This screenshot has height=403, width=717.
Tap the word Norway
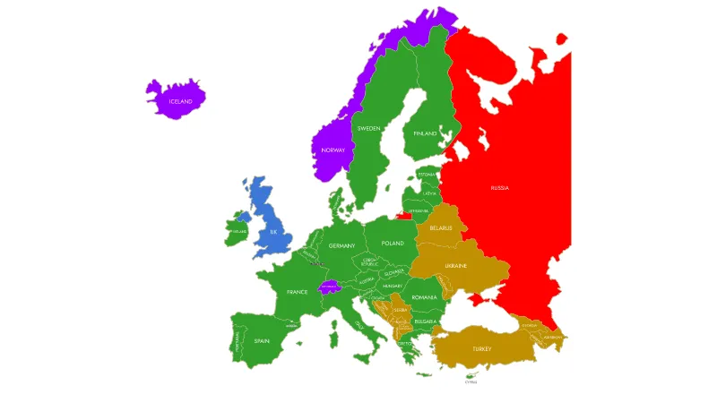click(333, 150)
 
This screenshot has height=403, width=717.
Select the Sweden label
click(368, 128)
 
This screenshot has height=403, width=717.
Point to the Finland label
click(425, 133)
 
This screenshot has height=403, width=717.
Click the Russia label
click(500, 187)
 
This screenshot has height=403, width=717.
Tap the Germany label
click(341, 245)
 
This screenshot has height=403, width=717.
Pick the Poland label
click(393, 244)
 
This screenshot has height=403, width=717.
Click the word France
click(298, 292)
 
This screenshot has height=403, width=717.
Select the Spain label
click(262, 340)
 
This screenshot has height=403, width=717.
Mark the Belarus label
click(441, 227)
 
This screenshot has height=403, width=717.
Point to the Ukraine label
click(456, 266)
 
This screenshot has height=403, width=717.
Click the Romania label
click(425, 296)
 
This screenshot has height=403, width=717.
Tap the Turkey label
click(482, 348)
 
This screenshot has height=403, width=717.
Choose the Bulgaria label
click(426, 321)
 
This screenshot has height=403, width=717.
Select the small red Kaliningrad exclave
click(406, 215)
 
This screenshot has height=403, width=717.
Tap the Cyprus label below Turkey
click(471, 382)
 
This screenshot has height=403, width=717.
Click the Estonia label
click(427, 175)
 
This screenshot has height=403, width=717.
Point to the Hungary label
click(393, 286)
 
